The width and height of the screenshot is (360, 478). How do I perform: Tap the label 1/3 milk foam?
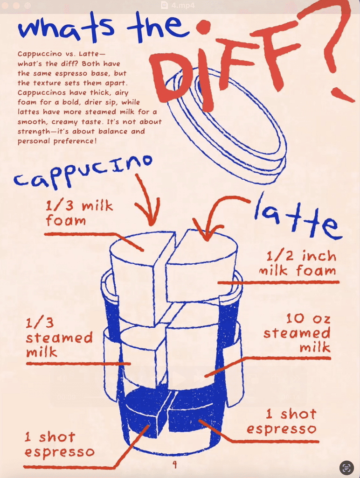click(79, 213)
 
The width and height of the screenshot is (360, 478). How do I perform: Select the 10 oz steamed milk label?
click(297, 333)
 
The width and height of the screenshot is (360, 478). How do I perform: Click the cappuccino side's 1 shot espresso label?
click(59, 444)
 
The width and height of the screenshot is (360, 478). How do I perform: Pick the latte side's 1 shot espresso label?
click(282, 422)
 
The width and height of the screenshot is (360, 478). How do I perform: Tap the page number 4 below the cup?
click(174, 464)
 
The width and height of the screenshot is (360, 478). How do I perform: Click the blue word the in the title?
click(159, 26)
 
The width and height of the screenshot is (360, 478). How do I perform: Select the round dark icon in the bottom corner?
click(346, 467)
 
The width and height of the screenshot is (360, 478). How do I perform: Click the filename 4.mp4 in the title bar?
click(183, 5)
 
